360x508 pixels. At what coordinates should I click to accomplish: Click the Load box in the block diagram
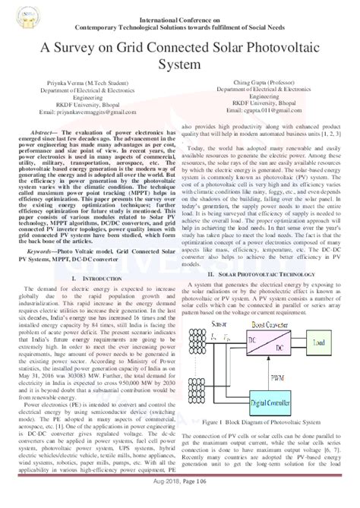coord(319,323)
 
